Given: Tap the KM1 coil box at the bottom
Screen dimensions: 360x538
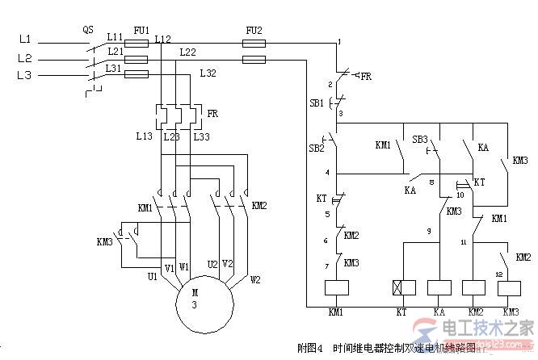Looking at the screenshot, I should coord(335,287).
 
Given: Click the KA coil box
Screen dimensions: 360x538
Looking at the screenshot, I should coord(438,287).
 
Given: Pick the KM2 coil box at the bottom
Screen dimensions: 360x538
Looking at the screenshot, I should coord(473,287).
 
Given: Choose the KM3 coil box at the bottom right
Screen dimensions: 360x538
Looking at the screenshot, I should coord(511,287).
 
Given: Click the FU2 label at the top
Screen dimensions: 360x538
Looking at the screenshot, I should coord(254,29).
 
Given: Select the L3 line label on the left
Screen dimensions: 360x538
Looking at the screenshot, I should coord(23,75).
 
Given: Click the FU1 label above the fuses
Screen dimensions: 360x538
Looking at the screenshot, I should coord(141,29).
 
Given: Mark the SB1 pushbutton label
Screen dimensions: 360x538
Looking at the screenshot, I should coord(316,103).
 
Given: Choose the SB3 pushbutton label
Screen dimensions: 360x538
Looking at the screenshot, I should coord(419,140).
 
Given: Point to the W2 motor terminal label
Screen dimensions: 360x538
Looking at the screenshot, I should coord(254,281).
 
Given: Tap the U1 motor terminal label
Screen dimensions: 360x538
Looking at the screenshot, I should coord(151,277).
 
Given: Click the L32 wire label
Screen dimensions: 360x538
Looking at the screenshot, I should coord(208,73).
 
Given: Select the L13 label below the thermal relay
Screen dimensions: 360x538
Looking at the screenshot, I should coord(144,136).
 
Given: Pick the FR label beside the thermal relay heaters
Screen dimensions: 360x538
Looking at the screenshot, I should coord(212,114).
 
